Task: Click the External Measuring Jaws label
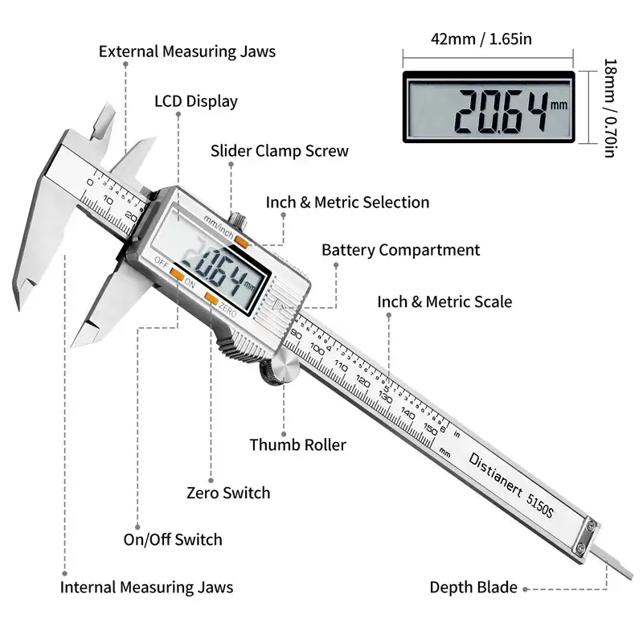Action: coord(187,51)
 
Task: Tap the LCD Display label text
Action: coord(196,101)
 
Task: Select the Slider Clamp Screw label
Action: coord(279,151)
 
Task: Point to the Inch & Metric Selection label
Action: coord(347,203)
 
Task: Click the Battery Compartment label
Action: coord(400,250)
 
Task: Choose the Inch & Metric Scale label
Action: coord(444,302)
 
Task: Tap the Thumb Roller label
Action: coord(297,445)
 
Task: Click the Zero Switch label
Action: coord(228,493)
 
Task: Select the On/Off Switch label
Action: coord(173,539)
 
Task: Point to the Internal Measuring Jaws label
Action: coord(146,588)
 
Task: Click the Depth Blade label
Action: coord(473,588)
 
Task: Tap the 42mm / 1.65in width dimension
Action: coord(481,39)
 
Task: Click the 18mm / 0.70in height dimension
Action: coord(610,108)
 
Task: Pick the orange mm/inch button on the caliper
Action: coord(242,243)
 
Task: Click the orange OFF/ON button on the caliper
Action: coord(177,274)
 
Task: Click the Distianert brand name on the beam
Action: coord(495,474)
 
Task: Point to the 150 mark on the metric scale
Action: coord(431,429)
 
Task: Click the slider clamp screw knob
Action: coord(238,219)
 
